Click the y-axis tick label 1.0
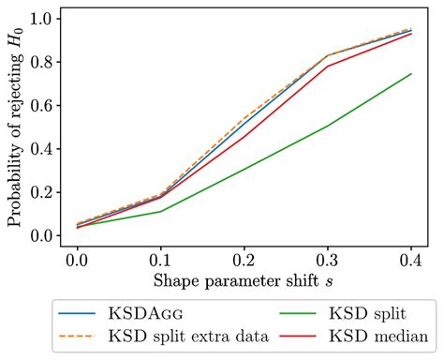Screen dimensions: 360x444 43,19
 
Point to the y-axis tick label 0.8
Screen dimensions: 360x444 43,62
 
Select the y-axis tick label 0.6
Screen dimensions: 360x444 43,105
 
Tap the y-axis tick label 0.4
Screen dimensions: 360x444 43,149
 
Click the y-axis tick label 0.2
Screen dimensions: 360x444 43,192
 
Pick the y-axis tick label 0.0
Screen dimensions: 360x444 43,235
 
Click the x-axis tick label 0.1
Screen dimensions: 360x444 160,259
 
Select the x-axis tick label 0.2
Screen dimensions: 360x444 244,259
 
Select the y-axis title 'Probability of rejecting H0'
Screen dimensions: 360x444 16,127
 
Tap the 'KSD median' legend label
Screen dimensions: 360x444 364,335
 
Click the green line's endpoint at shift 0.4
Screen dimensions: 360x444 410,74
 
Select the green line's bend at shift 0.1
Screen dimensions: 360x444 160,212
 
